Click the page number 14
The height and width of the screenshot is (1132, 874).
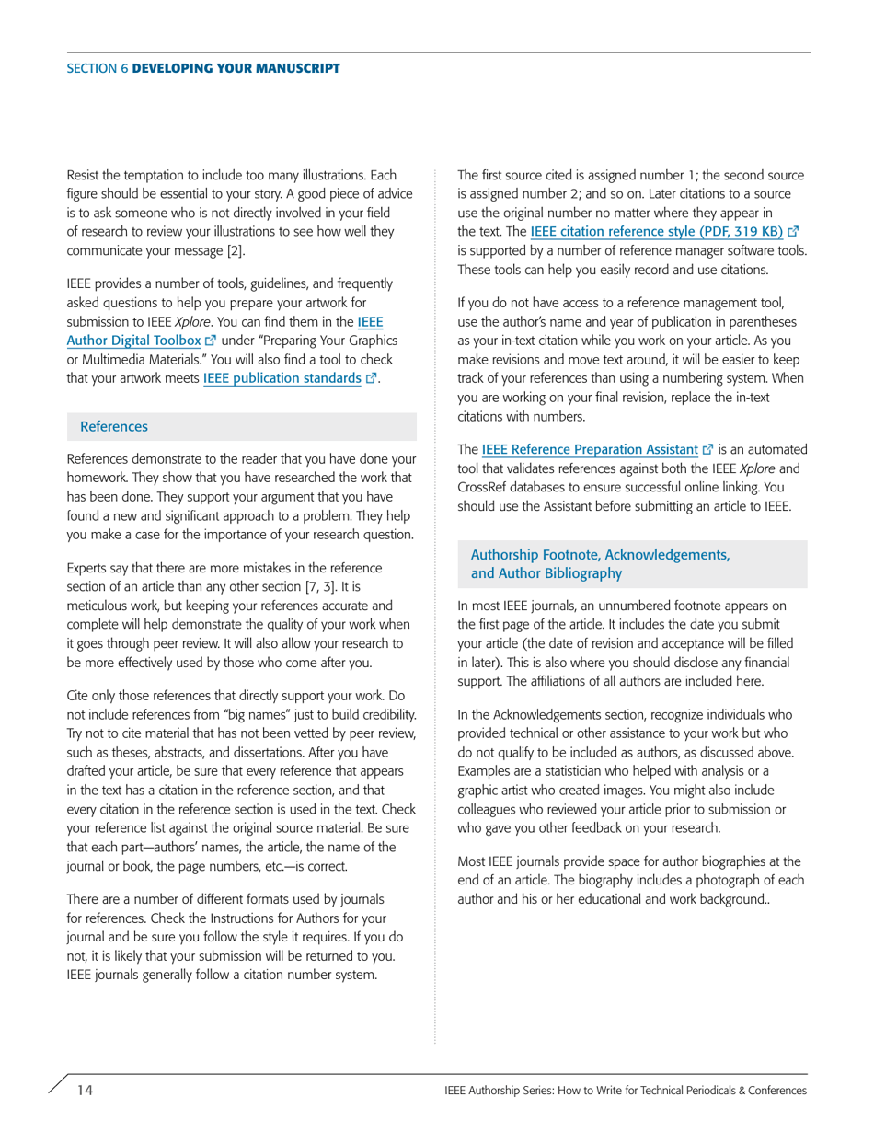coord(85,1091)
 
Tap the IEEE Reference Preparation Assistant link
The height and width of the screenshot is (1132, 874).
coord(589,450)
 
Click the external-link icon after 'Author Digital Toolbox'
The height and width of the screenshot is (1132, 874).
coord(209,338)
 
